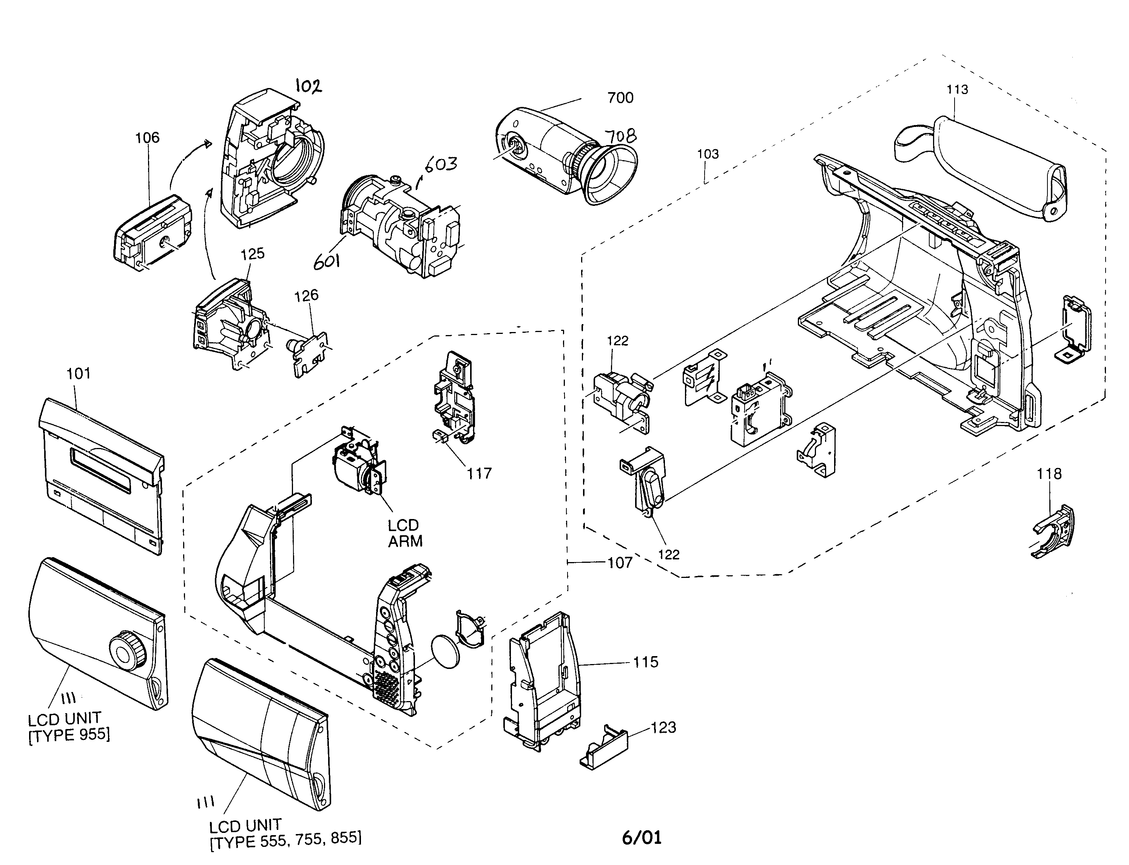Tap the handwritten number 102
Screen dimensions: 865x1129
[308, 86]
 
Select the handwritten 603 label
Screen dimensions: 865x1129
[441, 165]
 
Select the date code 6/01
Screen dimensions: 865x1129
[641, 837]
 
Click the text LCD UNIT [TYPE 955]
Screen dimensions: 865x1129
[68, 726]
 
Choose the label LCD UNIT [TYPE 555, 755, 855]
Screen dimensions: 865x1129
[285, 834]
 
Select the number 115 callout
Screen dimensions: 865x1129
[645, 662]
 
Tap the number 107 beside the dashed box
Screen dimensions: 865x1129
[620, 563]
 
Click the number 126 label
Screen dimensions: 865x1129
[306, 295]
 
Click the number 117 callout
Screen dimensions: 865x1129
[479, 474]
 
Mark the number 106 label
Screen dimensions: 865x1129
[147, 137]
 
